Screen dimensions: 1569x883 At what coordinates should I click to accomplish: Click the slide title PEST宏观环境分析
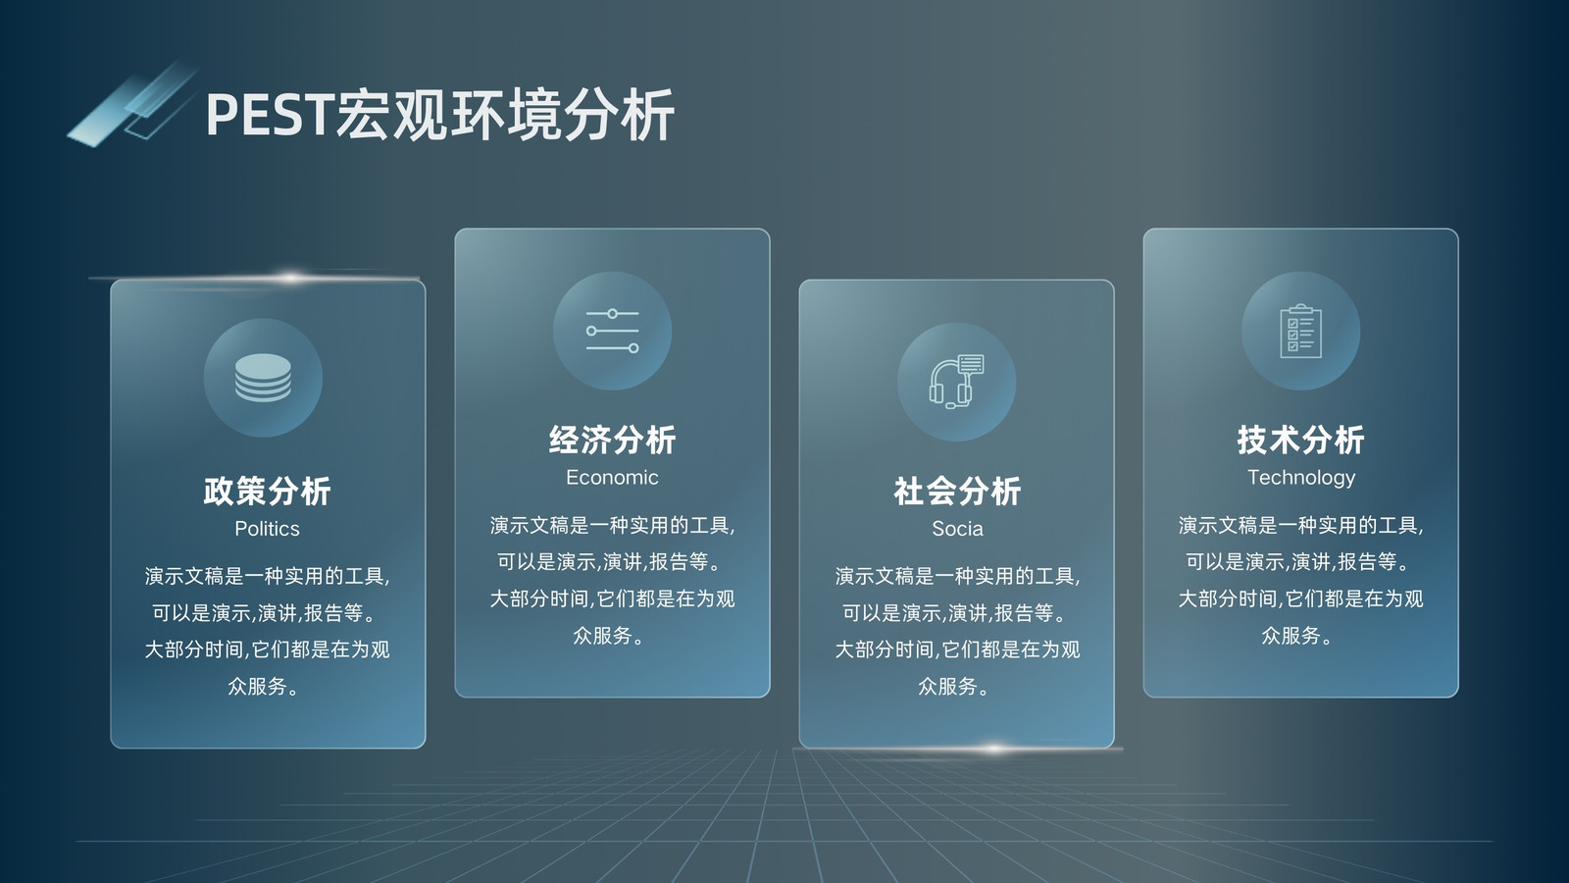coord(440,114)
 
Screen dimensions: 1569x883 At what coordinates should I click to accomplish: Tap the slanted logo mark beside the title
coord(131,105)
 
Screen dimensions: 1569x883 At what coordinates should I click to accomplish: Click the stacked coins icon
coord(264,378)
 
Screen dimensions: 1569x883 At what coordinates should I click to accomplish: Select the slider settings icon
coord(612,331)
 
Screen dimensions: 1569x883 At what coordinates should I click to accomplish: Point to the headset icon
coord(956,382)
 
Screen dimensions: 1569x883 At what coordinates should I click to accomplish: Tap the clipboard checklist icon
coord(1300,331)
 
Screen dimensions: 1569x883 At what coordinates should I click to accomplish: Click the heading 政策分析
coord(267,491)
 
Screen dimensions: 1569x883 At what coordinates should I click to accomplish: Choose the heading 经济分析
coord(612,440)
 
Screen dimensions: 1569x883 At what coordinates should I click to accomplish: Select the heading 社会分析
coord(957,491)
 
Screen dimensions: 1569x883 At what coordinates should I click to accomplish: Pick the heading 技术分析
coord(1300,440)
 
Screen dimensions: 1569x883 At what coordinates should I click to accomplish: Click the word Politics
coord(267,529)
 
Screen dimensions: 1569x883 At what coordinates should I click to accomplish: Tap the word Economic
coord(612,477)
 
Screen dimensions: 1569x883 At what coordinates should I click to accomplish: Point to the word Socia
coord(957,529)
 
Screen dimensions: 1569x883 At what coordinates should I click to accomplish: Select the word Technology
coord(1301,478)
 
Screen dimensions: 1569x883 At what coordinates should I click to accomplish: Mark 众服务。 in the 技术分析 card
coord(1297,635)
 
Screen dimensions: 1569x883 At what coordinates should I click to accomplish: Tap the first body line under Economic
coord(612,525)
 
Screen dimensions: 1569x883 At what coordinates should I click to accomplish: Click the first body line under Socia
coord(957,576)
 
